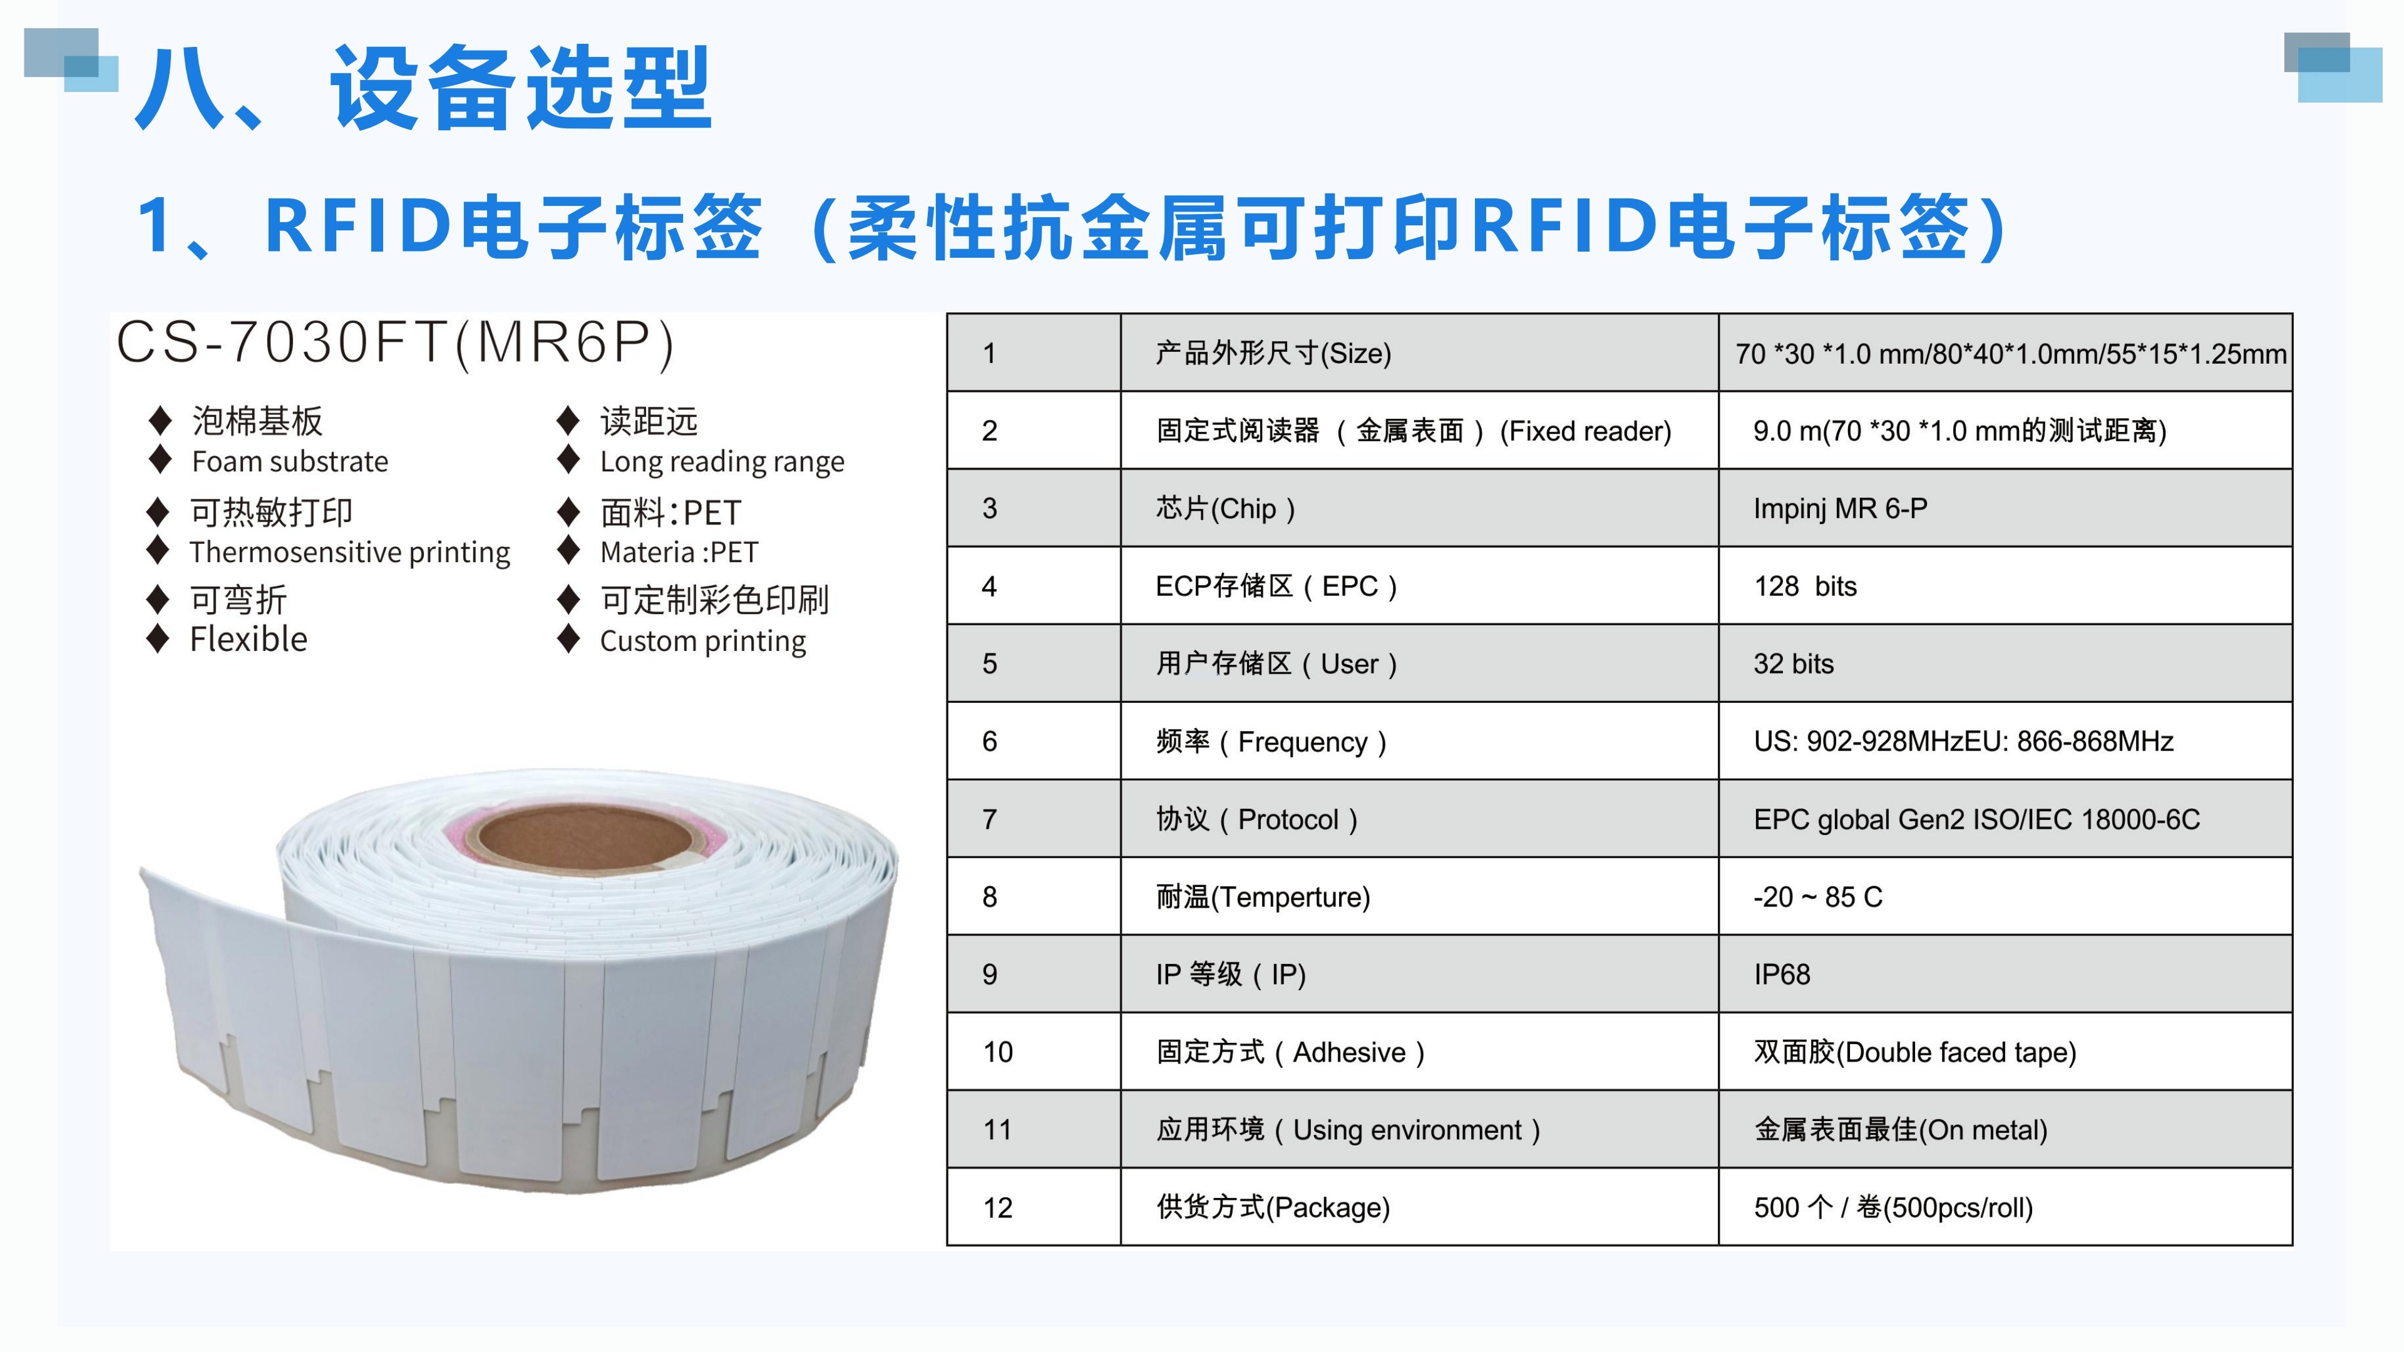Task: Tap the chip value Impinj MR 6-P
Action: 1839,508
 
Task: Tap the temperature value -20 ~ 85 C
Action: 1818,897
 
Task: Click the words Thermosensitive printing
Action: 350,552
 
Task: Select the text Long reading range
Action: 721,462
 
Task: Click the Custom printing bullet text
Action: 702,642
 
